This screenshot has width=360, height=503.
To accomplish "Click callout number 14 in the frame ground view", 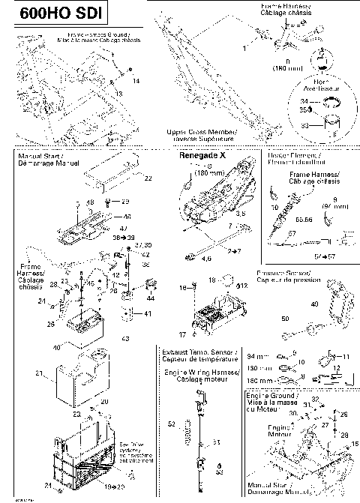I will point(136,79).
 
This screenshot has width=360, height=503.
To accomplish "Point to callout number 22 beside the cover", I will point(148,178).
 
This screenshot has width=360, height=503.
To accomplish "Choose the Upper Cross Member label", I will point(202,134).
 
